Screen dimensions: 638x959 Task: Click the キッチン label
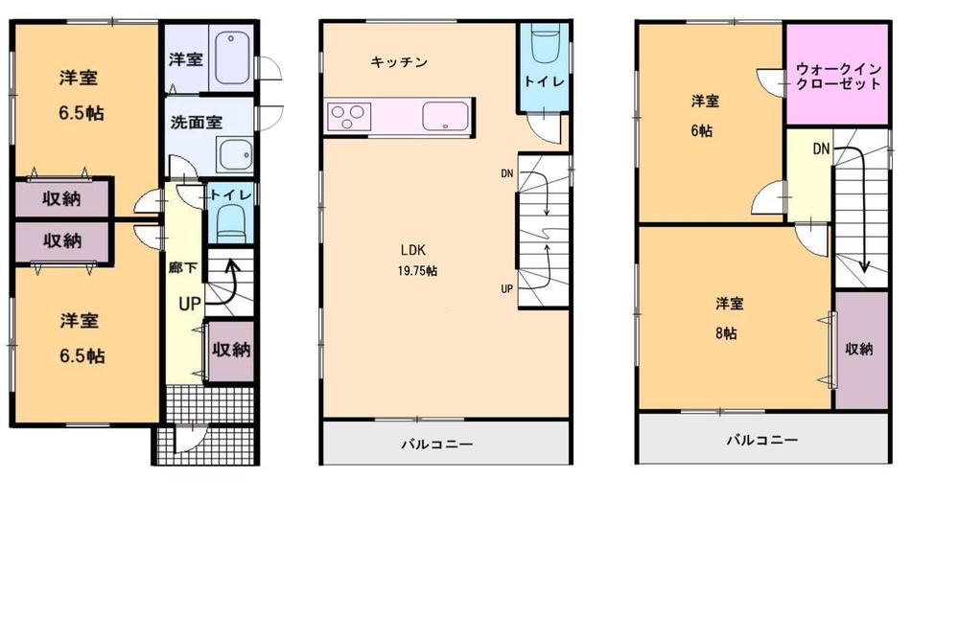399,62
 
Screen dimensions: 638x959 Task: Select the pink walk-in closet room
838,75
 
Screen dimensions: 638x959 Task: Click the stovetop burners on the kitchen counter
347,117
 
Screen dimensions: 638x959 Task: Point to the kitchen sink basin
446,117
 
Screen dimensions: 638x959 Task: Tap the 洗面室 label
197,122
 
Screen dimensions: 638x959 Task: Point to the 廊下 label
182,269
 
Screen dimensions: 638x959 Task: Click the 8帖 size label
725,333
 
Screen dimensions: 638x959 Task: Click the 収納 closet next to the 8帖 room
859,350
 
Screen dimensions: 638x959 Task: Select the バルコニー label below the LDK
437,444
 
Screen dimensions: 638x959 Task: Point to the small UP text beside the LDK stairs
504,287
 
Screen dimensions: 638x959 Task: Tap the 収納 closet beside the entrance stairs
231,351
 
